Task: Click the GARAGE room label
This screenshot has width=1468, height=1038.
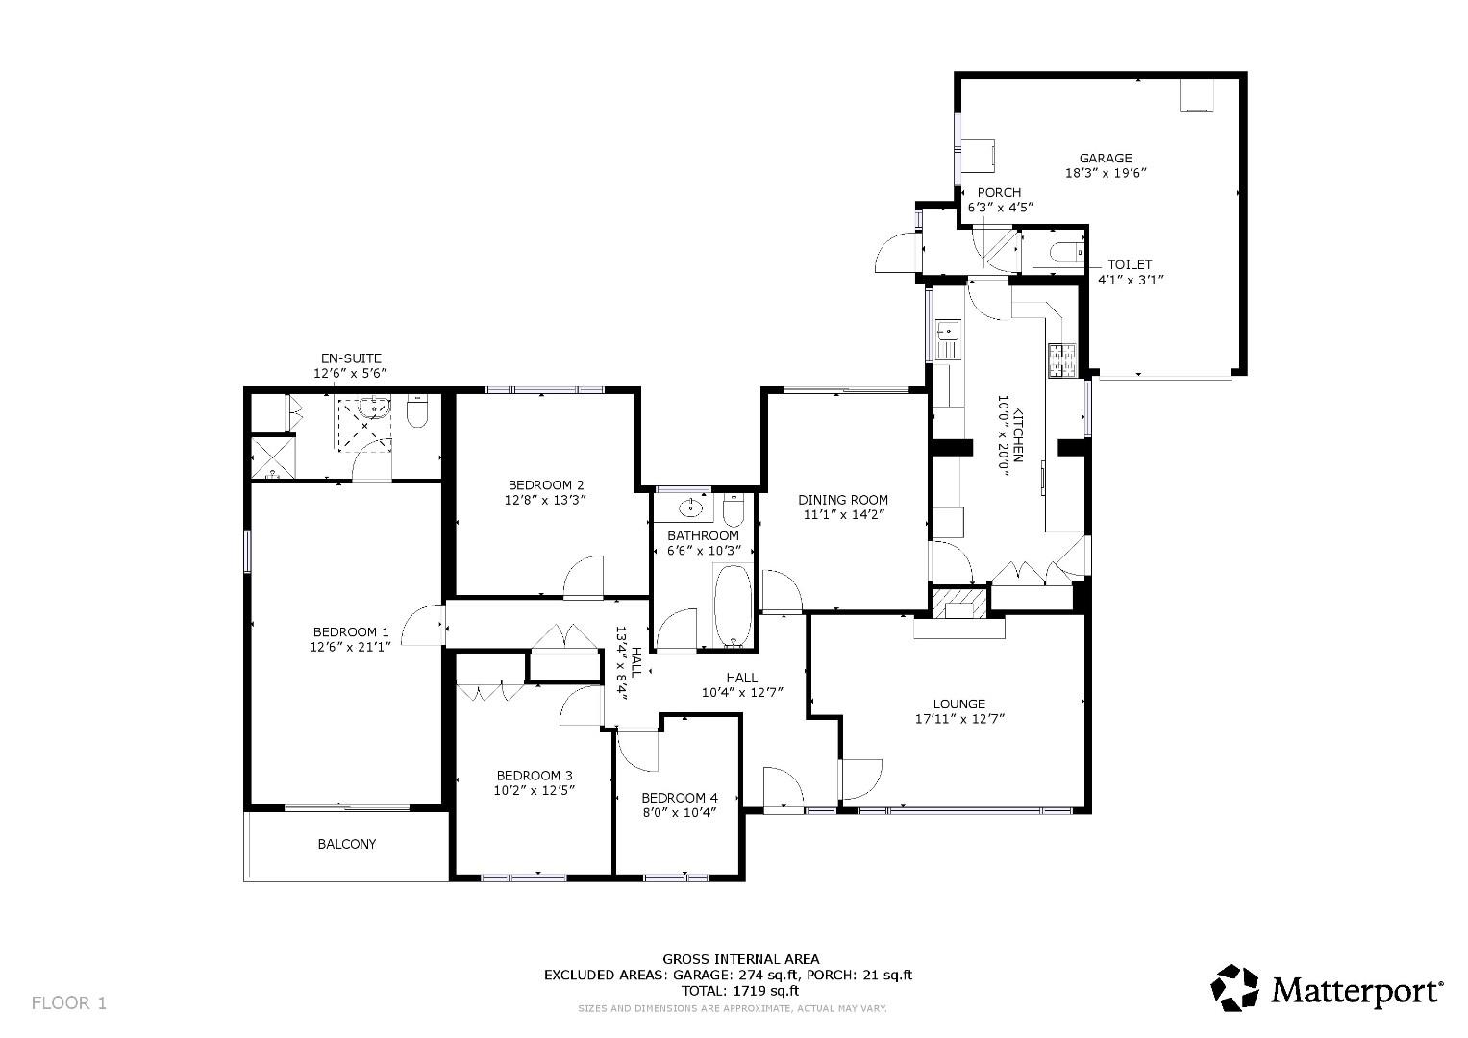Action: click(1105, 159)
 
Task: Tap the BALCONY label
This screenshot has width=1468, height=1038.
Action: click(347, 844)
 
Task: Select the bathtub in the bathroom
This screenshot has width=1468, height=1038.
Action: click(733, 607)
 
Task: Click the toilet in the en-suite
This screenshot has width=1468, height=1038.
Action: click(417, 412)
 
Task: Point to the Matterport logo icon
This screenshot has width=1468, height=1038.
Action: click(1234, 988)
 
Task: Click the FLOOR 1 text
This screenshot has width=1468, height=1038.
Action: click(68, 1003)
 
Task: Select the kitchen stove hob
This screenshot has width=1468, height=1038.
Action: click(1061, 360)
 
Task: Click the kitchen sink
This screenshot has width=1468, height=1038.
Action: click(948, 332)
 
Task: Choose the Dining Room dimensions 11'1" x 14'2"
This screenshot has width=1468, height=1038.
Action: click(843, 514)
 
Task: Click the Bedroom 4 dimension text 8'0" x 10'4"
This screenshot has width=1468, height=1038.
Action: click(680, 812)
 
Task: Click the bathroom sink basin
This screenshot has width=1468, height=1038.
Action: click(690, 507)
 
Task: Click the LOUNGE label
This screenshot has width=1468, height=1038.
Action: click(958, 704)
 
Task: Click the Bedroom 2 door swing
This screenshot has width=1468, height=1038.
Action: click(584, 577)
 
